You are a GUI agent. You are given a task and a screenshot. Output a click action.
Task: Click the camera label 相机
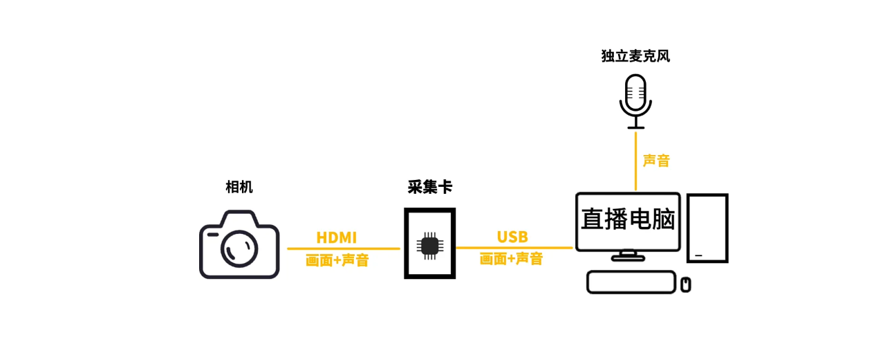click(x=239, y=187)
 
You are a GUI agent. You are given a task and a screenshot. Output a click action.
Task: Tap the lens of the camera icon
click(x=239, y=246)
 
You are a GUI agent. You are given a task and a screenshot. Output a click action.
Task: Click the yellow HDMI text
click(x=337, y=237)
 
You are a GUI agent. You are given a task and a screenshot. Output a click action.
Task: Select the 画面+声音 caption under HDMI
click(x=337, y=260)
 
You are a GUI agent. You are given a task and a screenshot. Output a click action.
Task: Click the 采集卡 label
click(x=430, y=187)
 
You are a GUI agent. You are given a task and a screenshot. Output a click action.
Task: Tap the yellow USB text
click(x=512, y=237)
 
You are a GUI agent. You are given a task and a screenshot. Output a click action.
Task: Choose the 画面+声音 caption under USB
click(x=511, y=259)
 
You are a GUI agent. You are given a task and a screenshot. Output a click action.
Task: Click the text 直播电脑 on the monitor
click(x=628, y=219)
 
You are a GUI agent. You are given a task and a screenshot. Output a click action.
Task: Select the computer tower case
click(x=707, y=228)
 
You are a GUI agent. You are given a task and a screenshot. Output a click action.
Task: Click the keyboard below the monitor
click(x=631, y=282)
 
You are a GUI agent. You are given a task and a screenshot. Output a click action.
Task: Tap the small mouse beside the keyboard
click(x=686, y=284)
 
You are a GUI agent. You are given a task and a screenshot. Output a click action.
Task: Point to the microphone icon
click(x=635, y=100)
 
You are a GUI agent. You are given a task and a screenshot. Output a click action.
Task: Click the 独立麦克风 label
click(x=635, y=56)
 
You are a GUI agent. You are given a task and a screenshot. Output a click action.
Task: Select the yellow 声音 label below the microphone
click(x=656, y=161)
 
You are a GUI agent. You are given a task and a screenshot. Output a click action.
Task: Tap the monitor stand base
click(x=628, y=257)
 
